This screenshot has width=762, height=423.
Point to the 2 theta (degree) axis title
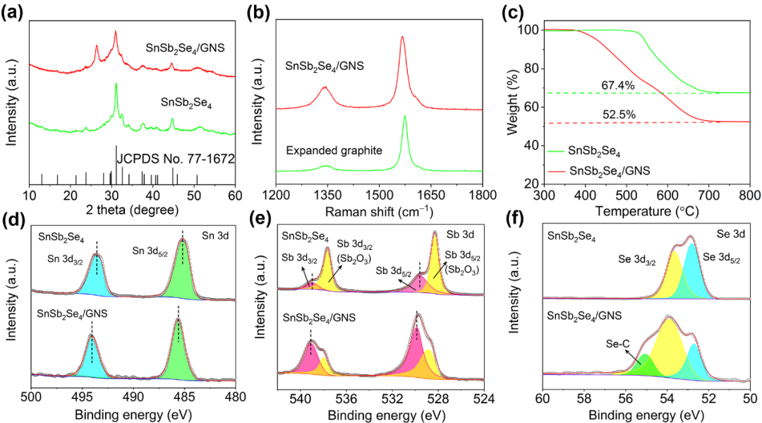[132, 210]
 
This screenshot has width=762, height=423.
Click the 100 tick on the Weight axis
[528, 30]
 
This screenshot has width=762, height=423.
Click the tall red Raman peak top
[402, 38]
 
